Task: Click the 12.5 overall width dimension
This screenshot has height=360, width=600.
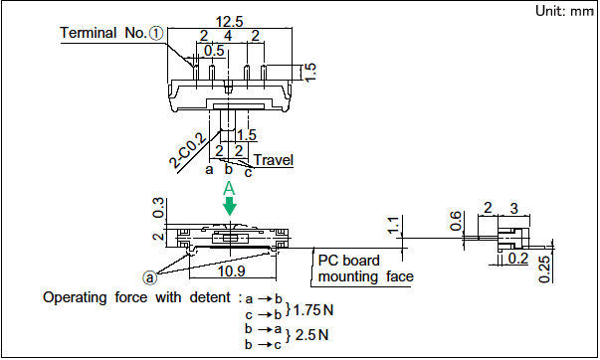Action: [x=230, y=21]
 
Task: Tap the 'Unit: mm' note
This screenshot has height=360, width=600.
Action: [x=565, y=11]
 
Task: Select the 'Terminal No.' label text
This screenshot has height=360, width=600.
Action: [x=103, y=33]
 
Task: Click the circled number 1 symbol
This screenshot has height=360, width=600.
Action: [x=156, y=33]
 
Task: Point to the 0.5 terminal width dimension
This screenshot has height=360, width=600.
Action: [x=214, y=51]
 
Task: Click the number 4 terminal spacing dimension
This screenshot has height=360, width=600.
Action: [x=228, y=36]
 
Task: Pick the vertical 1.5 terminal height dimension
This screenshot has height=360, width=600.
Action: [x=309, y=72]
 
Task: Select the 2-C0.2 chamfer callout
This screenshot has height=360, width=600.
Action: [x=188, y=151]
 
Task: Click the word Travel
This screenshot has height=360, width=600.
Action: [x=274, y=160]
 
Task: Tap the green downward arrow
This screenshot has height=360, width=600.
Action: [x=230, y=206]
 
